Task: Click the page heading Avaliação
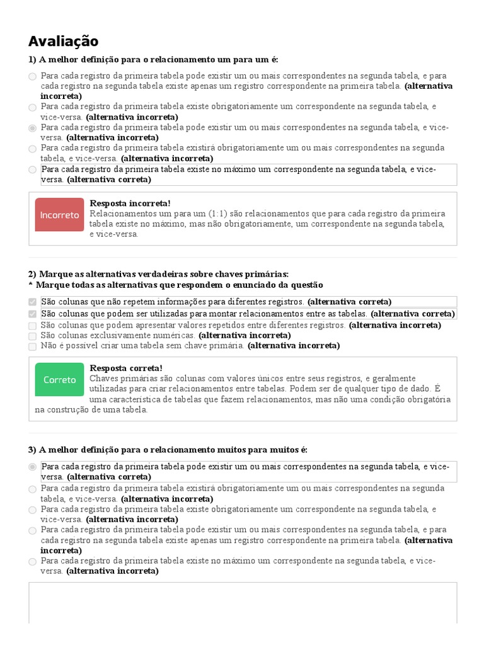tap(63, 42)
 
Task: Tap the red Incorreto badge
tap(60, 215)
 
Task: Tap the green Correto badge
tap(60, 380)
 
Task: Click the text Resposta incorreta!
tap(130, 203)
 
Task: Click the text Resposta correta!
tap(126, 368)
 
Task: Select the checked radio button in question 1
tap(32, 128)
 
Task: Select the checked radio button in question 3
tap(32, 467)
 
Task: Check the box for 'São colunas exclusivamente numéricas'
tap(32, 336)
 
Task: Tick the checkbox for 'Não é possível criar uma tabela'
tap(32, 346)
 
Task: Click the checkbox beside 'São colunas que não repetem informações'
tap(32, 302)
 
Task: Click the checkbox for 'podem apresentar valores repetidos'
tap(32, 326)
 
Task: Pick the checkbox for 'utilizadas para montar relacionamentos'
tap(32, 314)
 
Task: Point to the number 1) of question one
tap(32, 60)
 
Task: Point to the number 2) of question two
tap(32, 274)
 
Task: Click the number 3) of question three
tap(32, 450)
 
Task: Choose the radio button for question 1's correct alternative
tap(32, 169)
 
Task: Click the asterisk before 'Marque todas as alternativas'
tap(30, 285)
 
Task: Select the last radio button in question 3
tap(32, 561)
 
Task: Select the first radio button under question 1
tap(32, 76)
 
